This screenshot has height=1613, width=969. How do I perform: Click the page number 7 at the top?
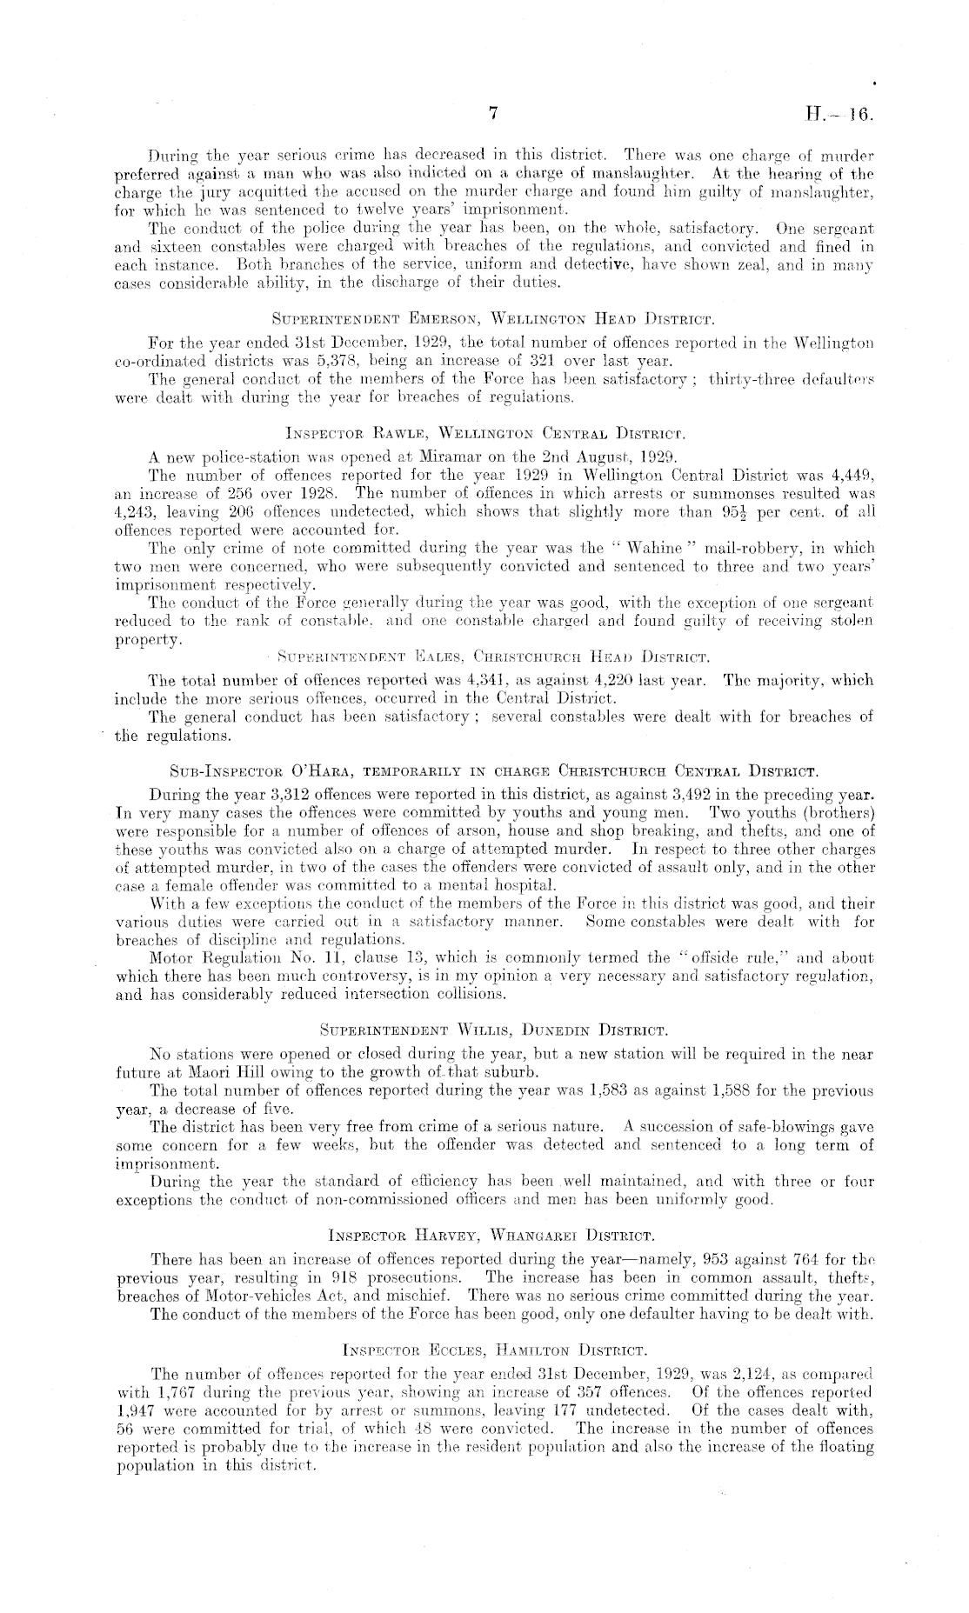tap(492, 113)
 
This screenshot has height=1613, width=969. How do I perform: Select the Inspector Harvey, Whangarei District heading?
tap(492, 1234)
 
